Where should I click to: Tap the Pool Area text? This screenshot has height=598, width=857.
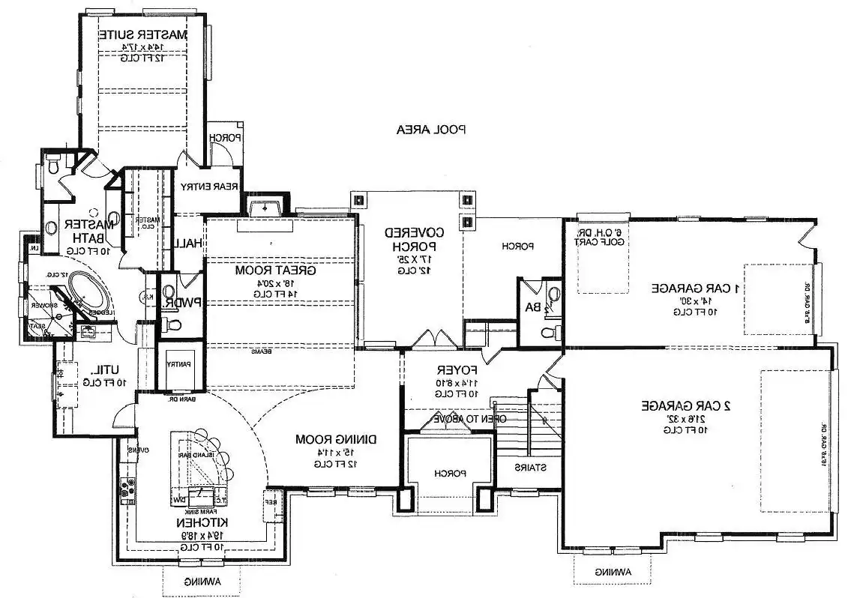point(431,129)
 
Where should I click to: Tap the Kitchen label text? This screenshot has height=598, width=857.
point(198,522)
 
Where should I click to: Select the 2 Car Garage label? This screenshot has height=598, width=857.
point(686,405)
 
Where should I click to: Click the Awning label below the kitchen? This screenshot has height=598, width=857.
point(202,582)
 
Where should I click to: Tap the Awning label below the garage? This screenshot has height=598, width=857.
point(613,572)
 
